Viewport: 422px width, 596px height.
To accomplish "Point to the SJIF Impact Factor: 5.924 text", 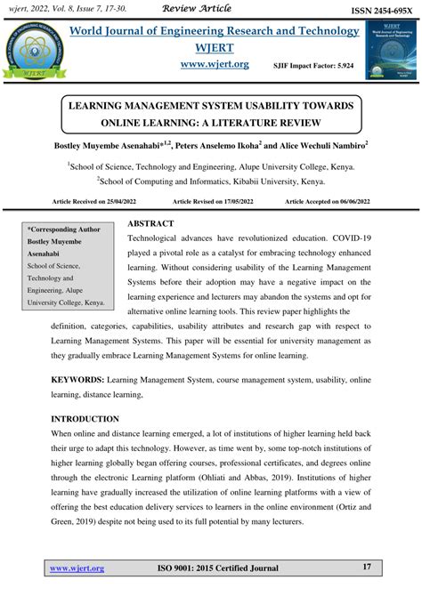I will coord(308,66).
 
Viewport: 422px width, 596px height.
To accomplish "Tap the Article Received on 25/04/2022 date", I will coord(93,203).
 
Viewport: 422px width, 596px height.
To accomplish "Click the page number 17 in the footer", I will coord(367,568).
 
